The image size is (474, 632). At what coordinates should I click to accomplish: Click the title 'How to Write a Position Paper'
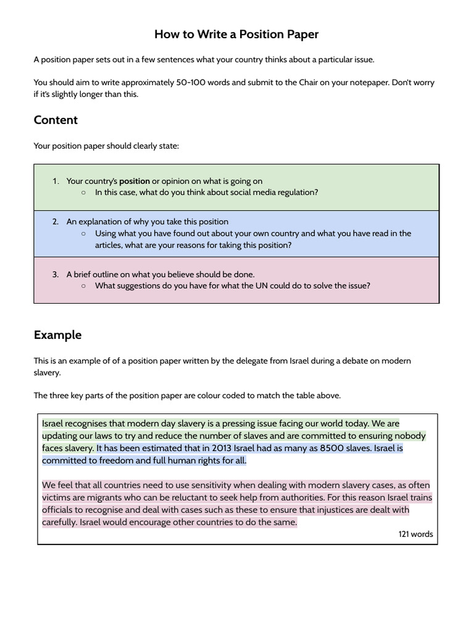coord(236,35)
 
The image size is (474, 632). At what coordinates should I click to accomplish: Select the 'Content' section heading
coord(56,120)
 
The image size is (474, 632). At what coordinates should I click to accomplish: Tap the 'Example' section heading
coord(57,335)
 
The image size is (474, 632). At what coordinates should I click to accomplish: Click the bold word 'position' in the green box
coord(135,181)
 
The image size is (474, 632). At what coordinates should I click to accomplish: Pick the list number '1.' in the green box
coord(56,181)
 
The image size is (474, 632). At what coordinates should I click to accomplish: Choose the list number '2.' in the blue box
coord(56,222)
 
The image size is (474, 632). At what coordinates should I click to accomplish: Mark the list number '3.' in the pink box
coord(56,274)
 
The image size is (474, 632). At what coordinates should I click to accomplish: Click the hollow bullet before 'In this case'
coord(83,193)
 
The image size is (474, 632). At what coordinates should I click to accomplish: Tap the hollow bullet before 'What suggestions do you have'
coord(83,286)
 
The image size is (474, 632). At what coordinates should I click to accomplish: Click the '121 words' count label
coord(416,534)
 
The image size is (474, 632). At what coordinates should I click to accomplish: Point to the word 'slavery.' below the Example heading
coord(48,373)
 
